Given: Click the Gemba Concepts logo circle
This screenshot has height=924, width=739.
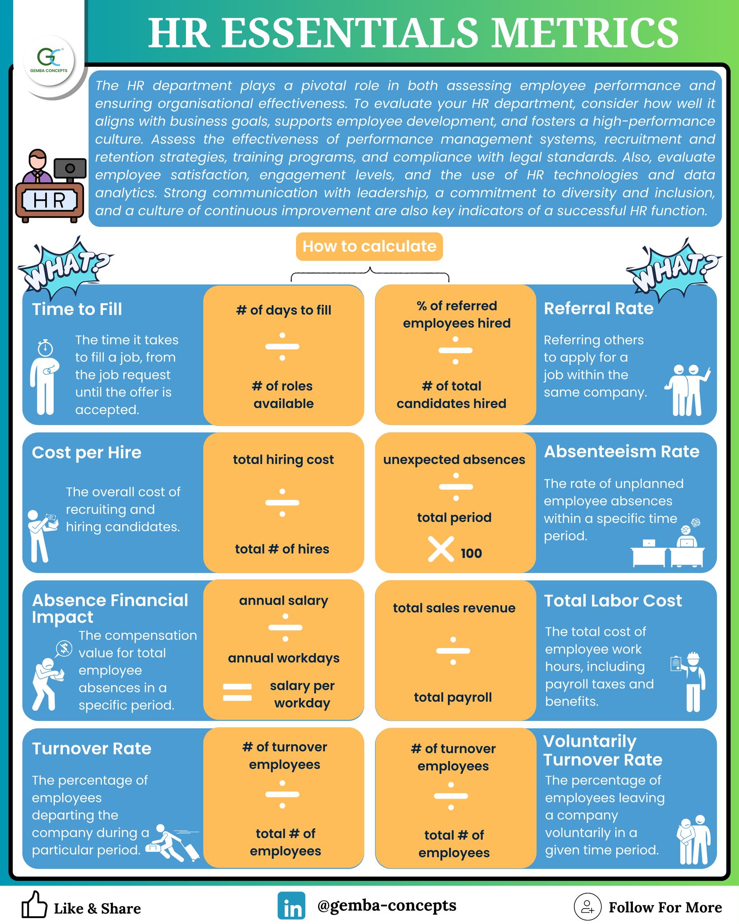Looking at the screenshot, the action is click(49, 60).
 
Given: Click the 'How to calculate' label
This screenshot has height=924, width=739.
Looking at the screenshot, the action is click(369, 246).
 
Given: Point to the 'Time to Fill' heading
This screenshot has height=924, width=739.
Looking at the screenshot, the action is click(77, 309).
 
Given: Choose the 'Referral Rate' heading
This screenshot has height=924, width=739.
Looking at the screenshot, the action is click(599, 309).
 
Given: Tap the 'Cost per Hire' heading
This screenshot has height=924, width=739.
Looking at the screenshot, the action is click(87, 453).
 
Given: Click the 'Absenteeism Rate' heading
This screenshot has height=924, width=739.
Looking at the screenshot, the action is click(622, 452).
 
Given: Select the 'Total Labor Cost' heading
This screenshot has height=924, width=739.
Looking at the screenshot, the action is click(613, 601).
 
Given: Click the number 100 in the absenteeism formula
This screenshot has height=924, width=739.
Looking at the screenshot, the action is click(471, 553).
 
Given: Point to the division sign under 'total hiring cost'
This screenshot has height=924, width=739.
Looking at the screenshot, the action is click(282, 503).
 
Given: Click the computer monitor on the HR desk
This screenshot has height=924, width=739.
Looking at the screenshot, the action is click(70, 169).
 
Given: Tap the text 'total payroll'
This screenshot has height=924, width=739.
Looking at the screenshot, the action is click(453, 698).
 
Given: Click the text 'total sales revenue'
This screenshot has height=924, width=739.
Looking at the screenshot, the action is click(454, 608).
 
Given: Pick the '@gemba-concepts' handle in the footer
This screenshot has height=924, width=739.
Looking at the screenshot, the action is click(387, 906).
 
